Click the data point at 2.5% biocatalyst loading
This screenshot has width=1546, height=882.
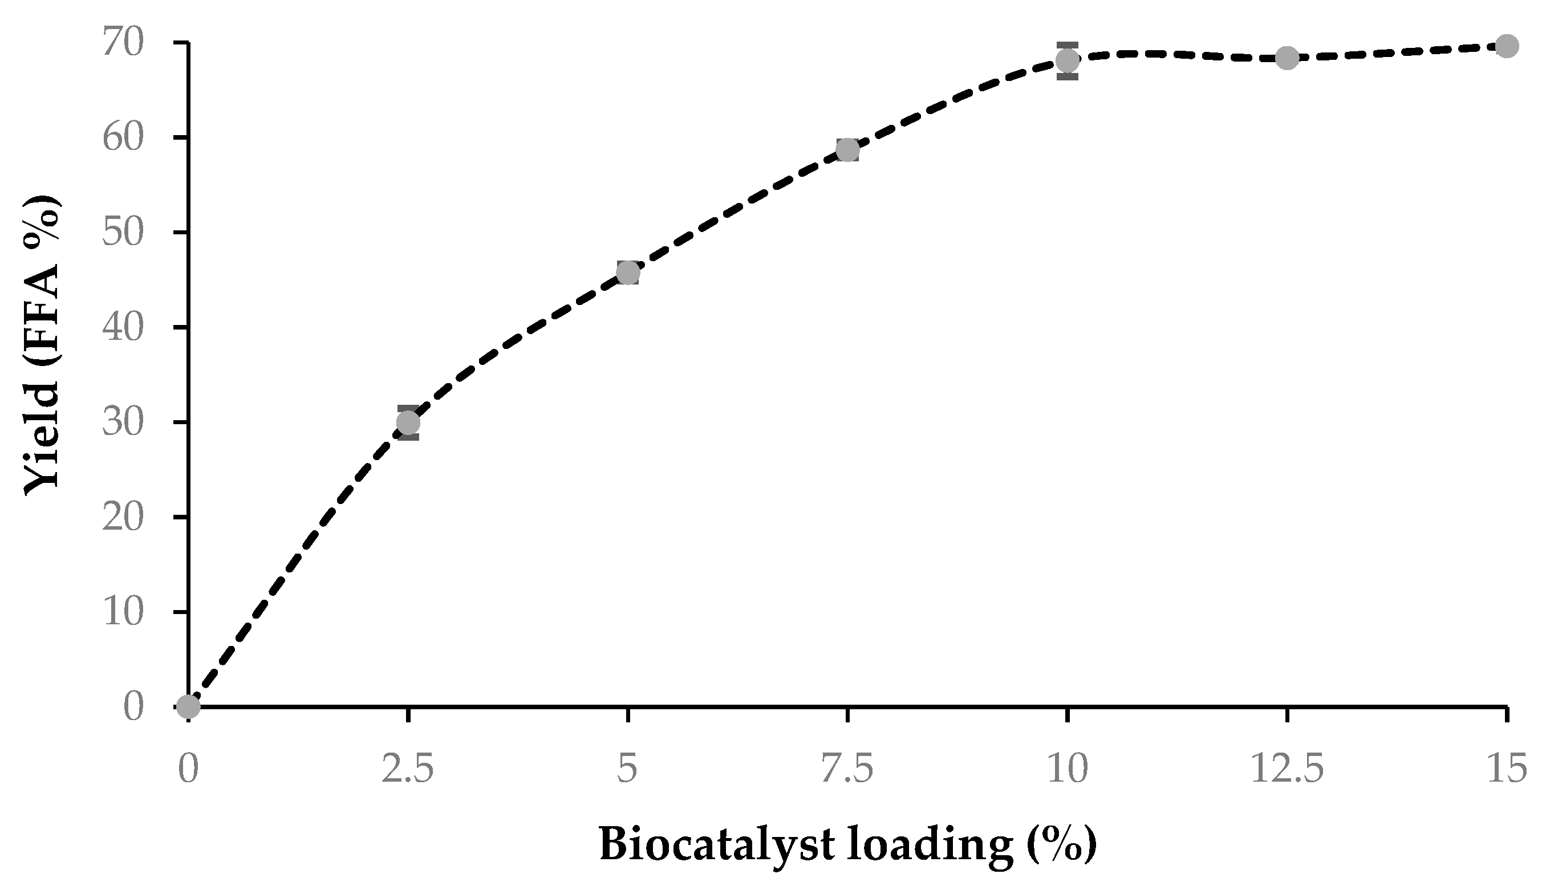point(408,422)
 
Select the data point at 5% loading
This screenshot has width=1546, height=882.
point(628,273)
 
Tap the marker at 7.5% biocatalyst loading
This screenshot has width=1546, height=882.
point(848,149)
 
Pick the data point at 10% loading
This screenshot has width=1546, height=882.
point(1068,60)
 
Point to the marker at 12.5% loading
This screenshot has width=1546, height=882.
point(1287,58)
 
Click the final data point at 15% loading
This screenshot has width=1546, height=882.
point(1507,46)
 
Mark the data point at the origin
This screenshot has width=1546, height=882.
point(188,706)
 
